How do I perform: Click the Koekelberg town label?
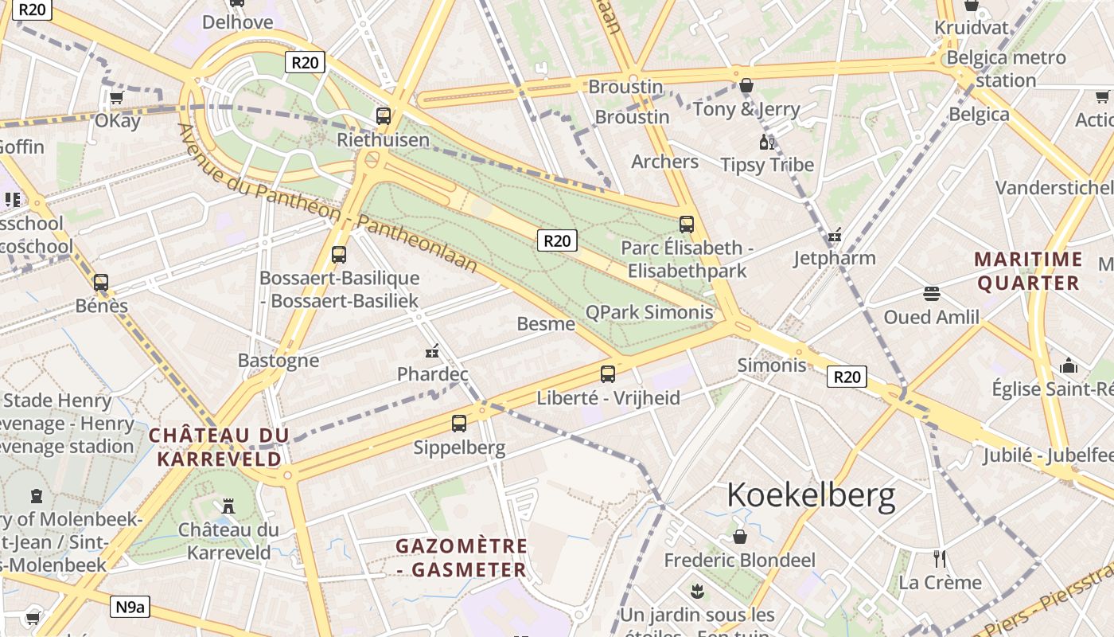pos(811,495)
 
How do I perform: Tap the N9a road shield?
pos(130,608)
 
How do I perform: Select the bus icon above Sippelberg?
pos(459,424)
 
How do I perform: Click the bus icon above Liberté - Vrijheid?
pos(608,373)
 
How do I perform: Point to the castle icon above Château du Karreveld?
pos(228,506)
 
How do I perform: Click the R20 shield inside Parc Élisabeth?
pos(556,240)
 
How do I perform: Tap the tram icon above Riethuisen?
pos(384,116)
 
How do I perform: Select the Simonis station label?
pos(771,365)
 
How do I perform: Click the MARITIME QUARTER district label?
pos(1028,271)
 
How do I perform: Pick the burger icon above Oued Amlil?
pos(932,293)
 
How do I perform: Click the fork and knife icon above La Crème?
pos(940,558)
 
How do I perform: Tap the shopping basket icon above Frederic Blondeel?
pos(740,537)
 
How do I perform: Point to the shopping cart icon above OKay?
pos(117,97)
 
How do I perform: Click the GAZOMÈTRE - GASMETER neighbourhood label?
pos(462,557)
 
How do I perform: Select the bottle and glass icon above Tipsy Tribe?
pos(767,143)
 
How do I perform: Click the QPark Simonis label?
pos(649,312)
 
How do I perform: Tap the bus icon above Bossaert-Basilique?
pos(339,255)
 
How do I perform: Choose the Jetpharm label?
pos(834,258)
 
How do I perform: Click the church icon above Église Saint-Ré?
pos(1068,365)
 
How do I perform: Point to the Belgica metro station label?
pos(1006,68)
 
